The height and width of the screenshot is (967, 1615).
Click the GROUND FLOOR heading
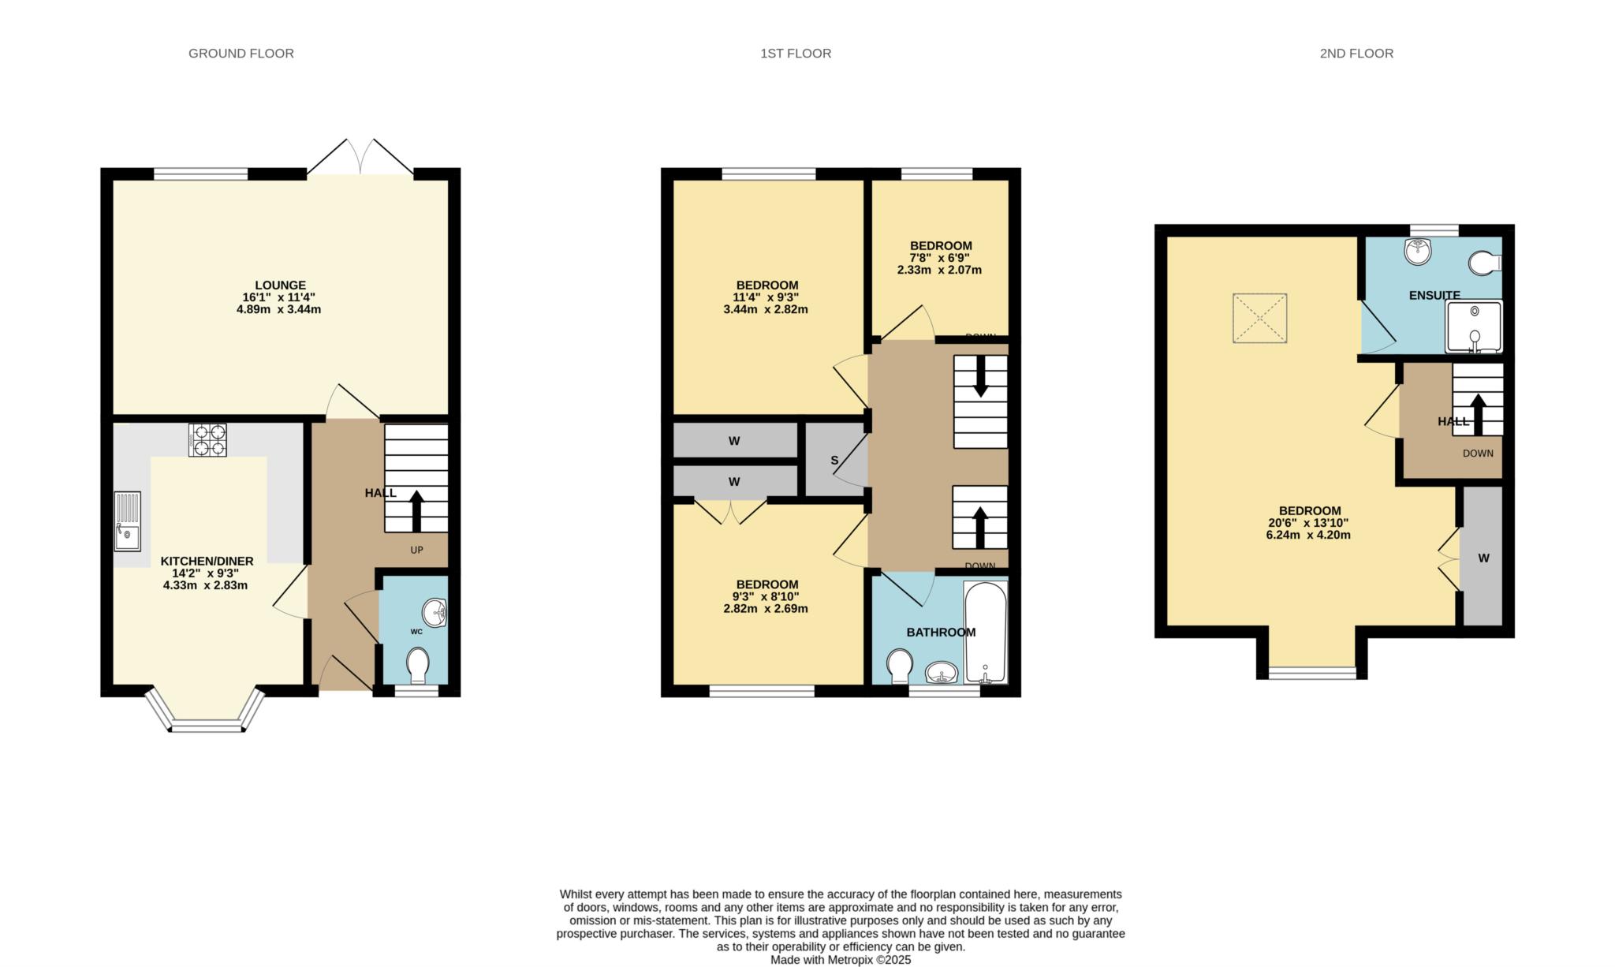pos(241,54)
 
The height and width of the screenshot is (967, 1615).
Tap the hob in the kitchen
pos(207,440)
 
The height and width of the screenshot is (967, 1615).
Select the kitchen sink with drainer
pos(127,521)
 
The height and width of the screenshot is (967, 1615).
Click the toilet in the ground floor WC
pos(418,665)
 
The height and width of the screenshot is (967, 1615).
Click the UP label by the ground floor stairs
pos(416,550)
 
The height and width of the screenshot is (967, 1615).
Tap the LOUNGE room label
pos(280,286)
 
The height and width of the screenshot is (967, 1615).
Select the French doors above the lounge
pos(360,157)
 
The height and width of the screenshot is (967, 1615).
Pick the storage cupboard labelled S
pos(834,460)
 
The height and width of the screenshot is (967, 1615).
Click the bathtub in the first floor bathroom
pos(986,631)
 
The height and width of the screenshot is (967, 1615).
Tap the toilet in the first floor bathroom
pos(898,666)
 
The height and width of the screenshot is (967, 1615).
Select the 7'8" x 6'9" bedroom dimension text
pos(940,258)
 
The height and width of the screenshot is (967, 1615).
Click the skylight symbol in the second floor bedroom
pos(1259,318)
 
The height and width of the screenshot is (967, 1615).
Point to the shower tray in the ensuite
pos(1473,327)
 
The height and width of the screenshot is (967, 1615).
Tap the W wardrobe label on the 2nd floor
pos(1483,558)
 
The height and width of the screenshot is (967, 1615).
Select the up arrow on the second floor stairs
pos(1478,413)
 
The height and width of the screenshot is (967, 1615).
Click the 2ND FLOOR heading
pos(1356,54)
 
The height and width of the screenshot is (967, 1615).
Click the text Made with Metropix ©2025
pos(841,960)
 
